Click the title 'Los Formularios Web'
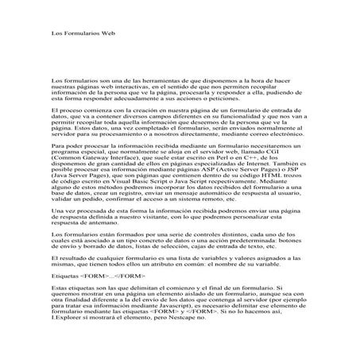click(83, 35)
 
